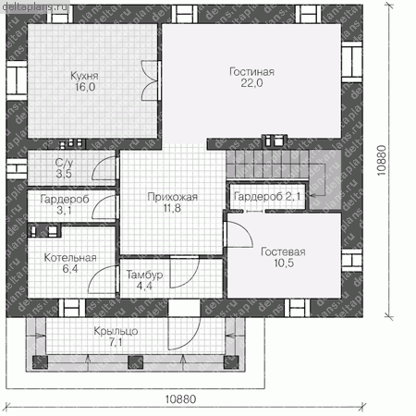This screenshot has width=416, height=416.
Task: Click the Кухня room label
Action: [84, 76]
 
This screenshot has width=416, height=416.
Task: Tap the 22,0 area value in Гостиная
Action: [251, 83]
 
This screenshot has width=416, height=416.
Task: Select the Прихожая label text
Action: [172, 197]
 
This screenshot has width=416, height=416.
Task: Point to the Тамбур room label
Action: [144, 275]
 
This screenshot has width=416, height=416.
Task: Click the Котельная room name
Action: [70, 258]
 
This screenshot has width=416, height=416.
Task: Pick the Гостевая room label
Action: [283, 251]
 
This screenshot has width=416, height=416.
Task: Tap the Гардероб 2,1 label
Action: [267, 196]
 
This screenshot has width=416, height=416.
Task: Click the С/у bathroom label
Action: [64, 163]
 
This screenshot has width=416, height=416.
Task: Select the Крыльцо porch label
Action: [116, 331]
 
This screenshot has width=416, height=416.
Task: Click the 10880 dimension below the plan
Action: [180, 399]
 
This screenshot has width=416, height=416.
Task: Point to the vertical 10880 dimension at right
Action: [382, 160]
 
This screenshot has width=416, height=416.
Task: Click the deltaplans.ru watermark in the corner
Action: [34, 6]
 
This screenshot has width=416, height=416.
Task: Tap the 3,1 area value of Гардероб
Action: [64, 211]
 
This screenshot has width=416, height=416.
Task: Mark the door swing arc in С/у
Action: [104, 168]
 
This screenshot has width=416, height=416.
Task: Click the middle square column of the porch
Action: [136, 361]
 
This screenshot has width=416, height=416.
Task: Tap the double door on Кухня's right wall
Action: [150, 80]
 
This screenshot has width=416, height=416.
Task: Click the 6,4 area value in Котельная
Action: [70, 269]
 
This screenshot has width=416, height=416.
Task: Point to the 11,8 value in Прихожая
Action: [172, 208]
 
